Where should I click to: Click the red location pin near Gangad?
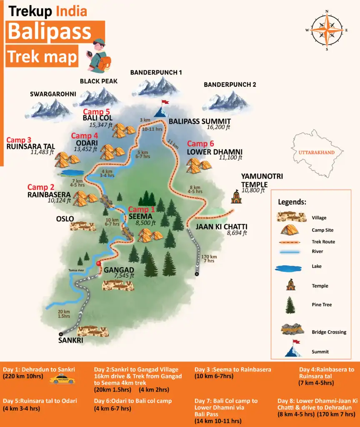(99, 266)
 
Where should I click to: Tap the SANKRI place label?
(70, 340)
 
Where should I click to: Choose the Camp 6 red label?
(203, 144)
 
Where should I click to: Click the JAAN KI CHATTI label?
(221, 227)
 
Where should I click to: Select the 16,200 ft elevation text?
(218, 127)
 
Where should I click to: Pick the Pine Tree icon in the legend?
(290, 305)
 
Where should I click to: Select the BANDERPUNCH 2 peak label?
(230, 85)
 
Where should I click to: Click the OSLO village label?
(65, 219)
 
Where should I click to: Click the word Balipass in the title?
(49, 32)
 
